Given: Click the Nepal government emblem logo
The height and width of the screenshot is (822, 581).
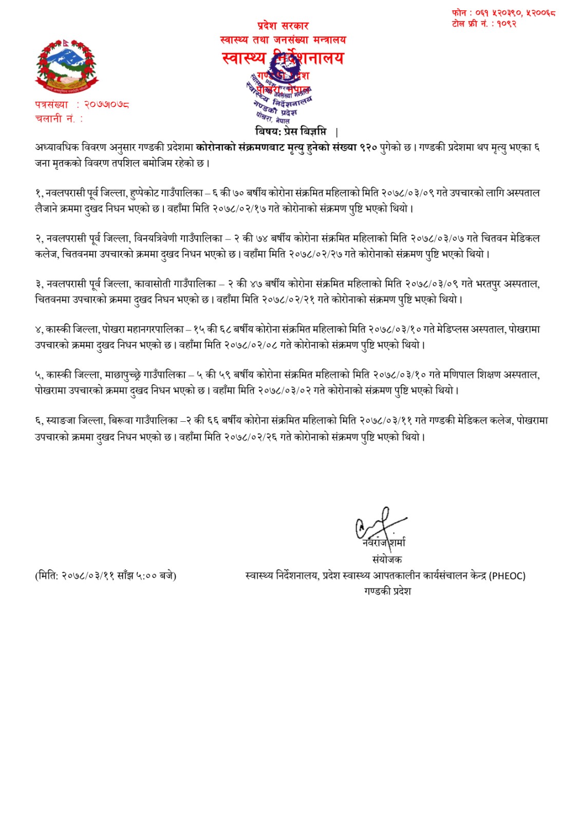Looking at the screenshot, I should pyautogui.click(x=66, y=65).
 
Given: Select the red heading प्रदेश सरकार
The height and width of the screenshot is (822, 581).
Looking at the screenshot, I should pyautogui.click(x=283, y=26).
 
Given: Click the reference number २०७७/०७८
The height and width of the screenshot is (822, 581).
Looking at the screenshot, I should pyautogui.click(x=106, y=105).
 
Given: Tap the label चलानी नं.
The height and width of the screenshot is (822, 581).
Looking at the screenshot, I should pyautogui.click(x=55, y=119).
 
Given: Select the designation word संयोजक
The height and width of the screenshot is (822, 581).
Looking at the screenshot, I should pyautogui.click(x=387, y=559).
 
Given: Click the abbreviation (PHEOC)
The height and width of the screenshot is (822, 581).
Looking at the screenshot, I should pyautogui.click(x=507, y=576).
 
